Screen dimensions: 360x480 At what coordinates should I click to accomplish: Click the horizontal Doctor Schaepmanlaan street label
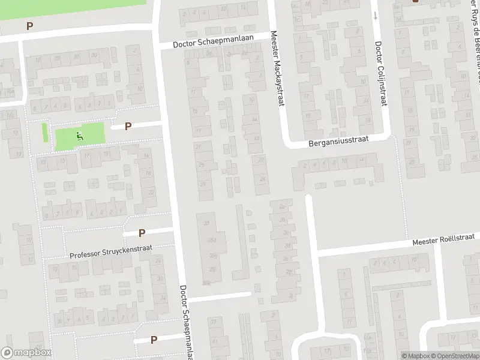pos(214,40)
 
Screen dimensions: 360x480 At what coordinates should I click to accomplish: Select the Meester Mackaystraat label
pos(277,69)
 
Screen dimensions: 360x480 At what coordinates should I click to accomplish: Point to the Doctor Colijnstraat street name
pos(379,74)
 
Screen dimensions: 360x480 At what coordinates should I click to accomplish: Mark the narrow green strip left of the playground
pos(45,132)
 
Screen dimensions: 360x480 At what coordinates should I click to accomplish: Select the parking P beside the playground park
pos(128,126)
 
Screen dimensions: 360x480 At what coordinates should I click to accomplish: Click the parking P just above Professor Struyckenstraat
pos(142,233)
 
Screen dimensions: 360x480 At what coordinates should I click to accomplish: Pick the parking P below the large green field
pos(29,26)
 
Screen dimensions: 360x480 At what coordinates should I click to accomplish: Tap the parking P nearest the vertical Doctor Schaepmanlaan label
pos(154,340)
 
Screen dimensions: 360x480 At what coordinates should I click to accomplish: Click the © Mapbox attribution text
pos(416,356)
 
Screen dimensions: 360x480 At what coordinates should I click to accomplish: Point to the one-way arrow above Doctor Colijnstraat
pos(376,15)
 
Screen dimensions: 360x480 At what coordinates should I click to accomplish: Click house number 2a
pos(282,206)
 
